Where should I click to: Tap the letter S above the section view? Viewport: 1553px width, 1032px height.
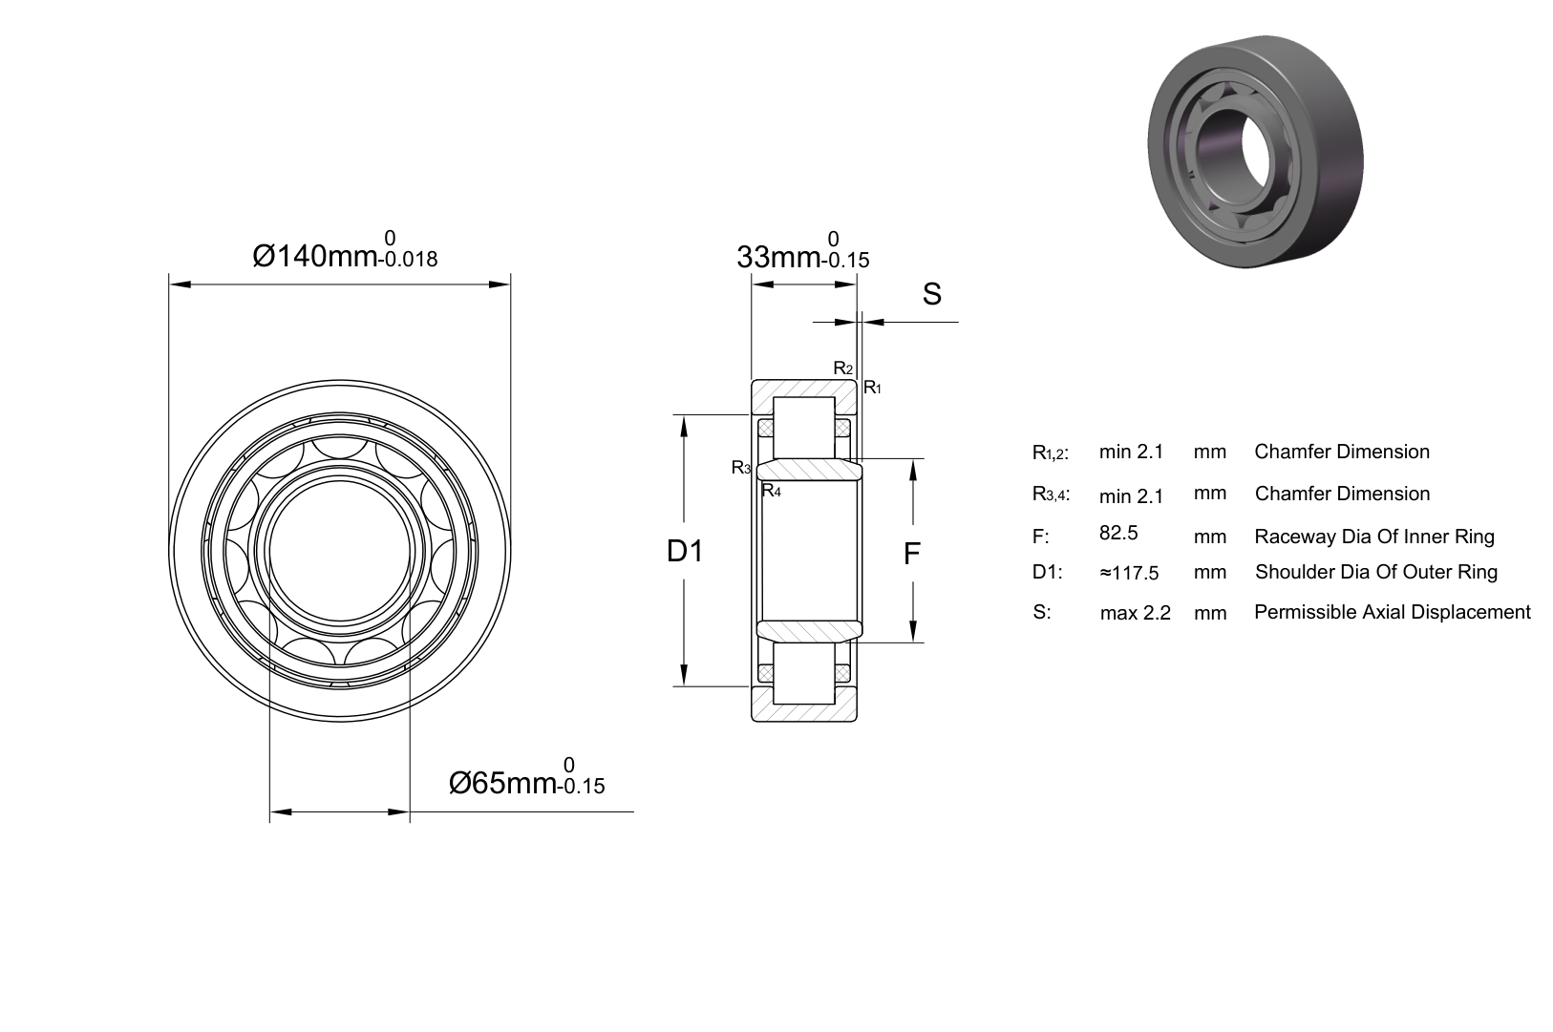[932, 294]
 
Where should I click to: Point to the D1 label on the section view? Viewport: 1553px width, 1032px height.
[685, 551]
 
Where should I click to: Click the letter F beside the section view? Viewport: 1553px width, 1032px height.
[912, 554]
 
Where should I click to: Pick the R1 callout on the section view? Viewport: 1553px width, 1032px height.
[872, 388]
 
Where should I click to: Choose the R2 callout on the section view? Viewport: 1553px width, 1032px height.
[843, 369]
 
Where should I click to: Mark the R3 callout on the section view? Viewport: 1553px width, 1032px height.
[741, 468]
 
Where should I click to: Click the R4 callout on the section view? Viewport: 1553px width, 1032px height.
[771, 492]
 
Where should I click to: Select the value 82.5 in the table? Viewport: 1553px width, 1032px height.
[1118, 533]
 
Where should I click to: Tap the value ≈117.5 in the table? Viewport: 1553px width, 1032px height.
[1129, 573]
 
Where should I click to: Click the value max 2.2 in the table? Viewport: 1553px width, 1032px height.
[1135, 613]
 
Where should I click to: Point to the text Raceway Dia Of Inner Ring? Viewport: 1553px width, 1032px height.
[1374, 537]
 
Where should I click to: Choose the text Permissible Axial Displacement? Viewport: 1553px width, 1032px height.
[1393, 612]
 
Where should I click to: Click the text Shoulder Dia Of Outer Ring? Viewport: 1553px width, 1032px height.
[1376, 572]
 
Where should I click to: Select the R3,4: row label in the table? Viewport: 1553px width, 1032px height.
[1051, 495]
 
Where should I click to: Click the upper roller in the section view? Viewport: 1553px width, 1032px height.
[804, 428]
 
